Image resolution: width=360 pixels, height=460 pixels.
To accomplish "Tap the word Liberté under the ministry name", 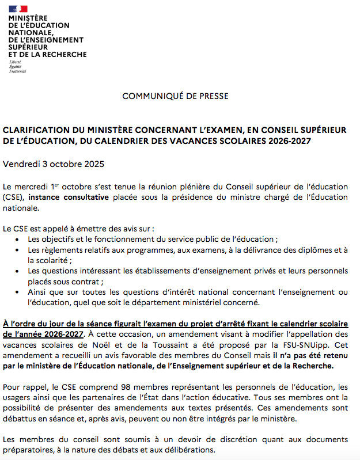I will click(x=15, y=61).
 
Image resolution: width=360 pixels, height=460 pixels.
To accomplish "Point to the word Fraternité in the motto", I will click(x=18, y=71).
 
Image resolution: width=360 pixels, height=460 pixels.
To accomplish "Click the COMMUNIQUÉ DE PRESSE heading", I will click(x=175, y=96).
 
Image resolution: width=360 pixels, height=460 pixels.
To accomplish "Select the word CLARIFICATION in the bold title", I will click(x=35, y=131).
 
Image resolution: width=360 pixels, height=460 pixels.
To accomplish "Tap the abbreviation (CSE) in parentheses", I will click(x=13, y=197).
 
